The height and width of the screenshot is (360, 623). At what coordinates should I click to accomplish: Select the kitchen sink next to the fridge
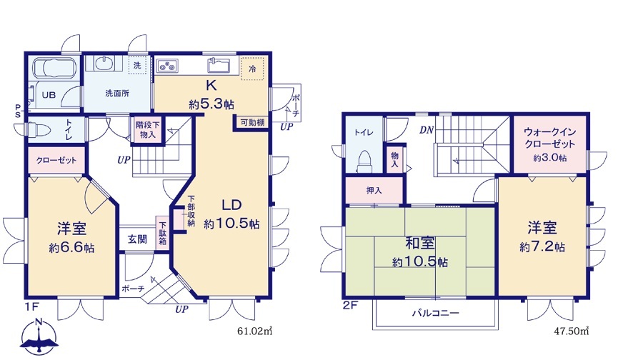pos(219,65)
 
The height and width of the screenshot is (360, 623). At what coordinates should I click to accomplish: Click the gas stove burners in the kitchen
pos(168,65)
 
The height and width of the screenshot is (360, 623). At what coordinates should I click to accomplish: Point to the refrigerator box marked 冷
pos(252,69)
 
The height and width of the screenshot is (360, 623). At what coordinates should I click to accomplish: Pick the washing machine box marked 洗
pos(137,65)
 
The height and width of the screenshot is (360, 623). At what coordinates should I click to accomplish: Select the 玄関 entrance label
pos(137,239)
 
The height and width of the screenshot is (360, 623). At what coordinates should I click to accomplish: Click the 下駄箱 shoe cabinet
pos(162,233)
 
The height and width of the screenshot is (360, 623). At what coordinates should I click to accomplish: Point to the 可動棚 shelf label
pos(253,123)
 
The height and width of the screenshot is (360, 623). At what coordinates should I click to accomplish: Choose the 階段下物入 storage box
pos(147,129)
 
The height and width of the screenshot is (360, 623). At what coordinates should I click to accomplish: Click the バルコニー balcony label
pos(435,313)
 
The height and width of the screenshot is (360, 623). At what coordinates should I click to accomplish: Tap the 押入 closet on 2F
pos(374,190)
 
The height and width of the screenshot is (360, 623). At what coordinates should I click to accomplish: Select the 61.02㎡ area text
pos(254,331)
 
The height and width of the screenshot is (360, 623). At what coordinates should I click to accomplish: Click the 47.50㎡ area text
pos(571,331)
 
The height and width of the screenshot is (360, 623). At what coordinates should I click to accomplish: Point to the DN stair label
pos(427,130)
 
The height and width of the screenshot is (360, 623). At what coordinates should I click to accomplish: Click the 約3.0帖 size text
pos(550,158)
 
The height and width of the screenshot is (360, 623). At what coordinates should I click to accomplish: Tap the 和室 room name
pos(419,244)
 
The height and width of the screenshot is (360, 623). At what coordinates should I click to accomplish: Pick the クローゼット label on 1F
pos(56,161)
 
